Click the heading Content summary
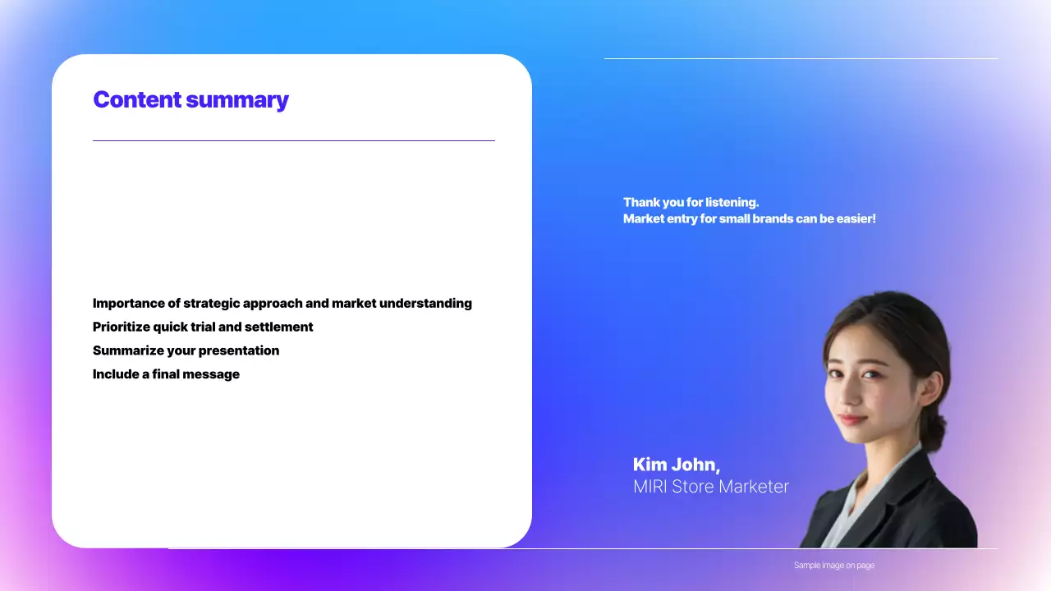tap(190, 100)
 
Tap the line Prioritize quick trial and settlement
tap(203, 327)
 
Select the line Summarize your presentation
tap(186, 350)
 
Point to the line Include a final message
tap(166, 374)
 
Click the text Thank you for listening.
tap(691, 202)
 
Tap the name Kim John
tap(676, 465)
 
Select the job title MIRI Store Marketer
tap(711, 487)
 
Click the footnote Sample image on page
tap(834, 566)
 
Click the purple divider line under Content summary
tap(294, 140)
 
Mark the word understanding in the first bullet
tap(425, 304)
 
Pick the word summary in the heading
tap(237, 100)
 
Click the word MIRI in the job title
tap(649, 487)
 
